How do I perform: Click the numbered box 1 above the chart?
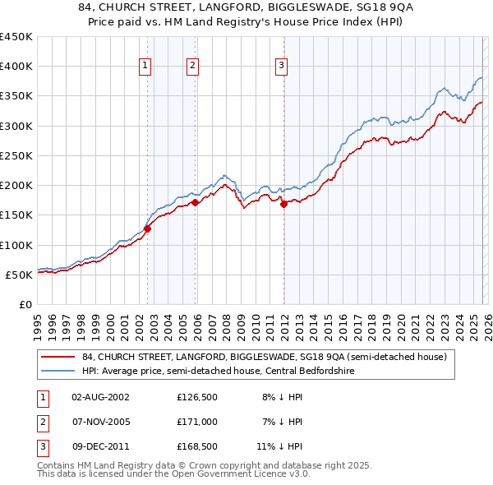pos(145,67)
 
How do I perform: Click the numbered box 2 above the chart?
pos(192,67)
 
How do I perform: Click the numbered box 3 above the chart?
pos(281,67)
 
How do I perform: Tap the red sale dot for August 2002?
pos(148,229)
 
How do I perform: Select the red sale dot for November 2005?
pos(195,202)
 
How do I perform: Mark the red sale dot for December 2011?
pos(283,205)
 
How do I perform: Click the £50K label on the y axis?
pos(20,275)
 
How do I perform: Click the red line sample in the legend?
pos(58,358)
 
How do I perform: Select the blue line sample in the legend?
pos(58,372)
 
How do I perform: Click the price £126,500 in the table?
pos(196,397)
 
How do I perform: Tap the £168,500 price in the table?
pos(196,446)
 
